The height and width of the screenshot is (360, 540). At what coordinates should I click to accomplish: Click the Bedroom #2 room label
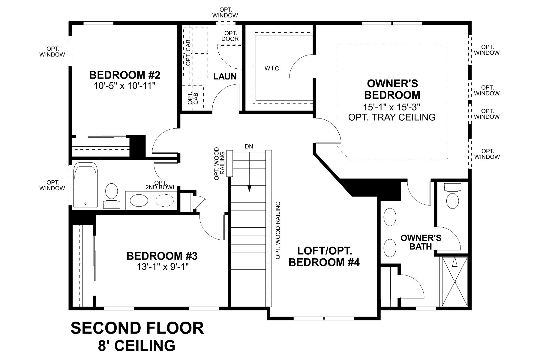coord(125,74)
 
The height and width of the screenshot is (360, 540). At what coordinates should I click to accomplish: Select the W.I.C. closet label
coord(272,69)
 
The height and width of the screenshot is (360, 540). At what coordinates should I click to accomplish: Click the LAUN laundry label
coord(225,76)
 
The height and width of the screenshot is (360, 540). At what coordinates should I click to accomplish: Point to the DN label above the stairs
coord(249,147)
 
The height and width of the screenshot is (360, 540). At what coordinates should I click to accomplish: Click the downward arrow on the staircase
coord(249,187)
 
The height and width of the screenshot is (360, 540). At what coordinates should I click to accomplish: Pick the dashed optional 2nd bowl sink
coord(164,200)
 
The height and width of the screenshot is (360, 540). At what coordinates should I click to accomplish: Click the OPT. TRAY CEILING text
coord(392,117)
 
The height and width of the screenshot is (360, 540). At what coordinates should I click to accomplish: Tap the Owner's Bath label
coord(421,242)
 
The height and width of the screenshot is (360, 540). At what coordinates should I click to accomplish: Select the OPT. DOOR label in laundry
coord(230,36)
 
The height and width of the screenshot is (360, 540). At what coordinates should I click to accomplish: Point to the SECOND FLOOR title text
coord(137,328)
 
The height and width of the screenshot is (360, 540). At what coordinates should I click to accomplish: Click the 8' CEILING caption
coord(136,346)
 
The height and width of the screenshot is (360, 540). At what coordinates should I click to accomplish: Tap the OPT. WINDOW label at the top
coord(225,12)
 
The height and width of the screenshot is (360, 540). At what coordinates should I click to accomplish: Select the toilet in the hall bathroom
coord(112,191)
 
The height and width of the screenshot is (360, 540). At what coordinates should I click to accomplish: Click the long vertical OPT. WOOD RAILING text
coord(278,230)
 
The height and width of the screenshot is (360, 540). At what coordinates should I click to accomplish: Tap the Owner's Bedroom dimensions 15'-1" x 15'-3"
coord(392,106)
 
